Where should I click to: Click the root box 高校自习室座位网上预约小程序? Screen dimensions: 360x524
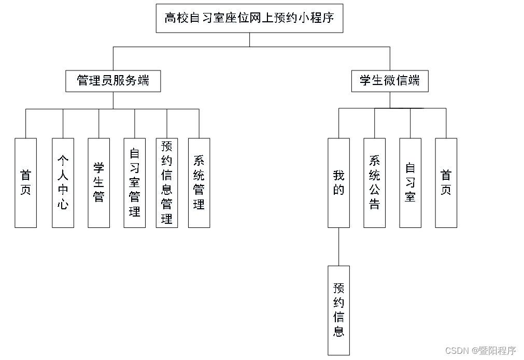249,19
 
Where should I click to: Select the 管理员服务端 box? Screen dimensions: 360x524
113,81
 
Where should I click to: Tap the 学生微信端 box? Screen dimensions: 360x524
390,81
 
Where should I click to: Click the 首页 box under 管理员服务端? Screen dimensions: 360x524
25,182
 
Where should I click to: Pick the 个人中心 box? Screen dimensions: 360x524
63,182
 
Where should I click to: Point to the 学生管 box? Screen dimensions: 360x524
98,182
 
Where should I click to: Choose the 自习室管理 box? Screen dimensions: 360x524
134,182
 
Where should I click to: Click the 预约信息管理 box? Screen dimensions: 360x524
167,182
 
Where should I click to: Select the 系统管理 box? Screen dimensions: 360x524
199,182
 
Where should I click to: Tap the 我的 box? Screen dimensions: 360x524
338,182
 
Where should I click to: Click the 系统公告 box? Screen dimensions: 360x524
374,182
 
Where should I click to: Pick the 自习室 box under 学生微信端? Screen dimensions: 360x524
410,182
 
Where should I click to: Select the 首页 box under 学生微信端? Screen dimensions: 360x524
446,182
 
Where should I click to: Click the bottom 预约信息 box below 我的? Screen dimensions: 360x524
338,310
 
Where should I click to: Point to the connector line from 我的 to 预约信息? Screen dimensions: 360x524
338,247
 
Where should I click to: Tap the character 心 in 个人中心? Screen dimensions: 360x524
63,205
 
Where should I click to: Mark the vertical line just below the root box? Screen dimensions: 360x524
249,40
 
